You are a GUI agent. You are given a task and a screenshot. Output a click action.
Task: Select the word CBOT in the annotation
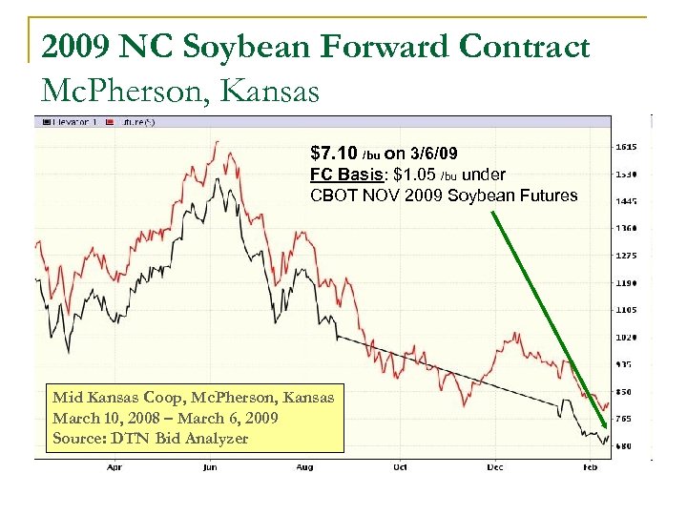pyautogui.click(x=333, y=196)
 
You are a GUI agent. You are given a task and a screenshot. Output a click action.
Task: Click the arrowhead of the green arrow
pyautogui.click(x=604, y=424)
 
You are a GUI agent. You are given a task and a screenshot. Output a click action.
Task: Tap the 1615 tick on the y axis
pyautogui.click(x=626, y=147)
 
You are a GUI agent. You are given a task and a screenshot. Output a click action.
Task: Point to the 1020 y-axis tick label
pyautogui.click(x=626, y=337)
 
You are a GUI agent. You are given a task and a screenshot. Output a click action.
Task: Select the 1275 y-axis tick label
pyautogui.click(x=626, y=255)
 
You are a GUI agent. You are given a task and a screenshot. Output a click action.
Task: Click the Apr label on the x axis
pyautogui.click(x=114, y=468)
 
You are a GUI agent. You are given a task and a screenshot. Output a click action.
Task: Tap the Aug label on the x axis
pyautogui.click(x=304, y=468)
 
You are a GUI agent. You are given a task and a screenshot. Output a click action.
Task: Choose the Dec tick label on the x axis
pyautogui.click(x=494, y=468)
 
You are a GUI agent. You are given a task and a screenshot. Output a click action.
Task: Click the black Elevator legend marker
pyautogui.click(x=44, y=122)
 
